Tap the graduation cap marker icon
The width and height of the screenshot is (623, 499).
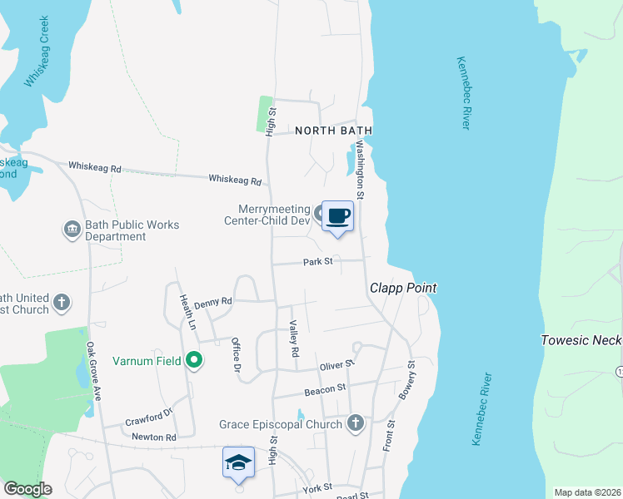(x=238, y=462)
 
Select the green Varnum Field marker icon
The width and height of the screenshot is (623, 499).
(x=194, y=361)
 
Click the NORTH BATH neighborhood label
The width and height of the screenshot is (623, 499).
(x=333, y=131)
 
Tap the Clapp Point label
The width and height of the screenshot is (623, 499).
(x=403, y=289)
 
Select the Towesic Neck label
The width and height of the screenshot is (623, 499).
(x=581, y=340)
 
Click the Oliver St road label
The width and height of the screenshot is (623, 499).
(x=337, y=365)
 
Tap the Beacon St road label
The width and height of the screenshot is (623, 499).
(x=325, y=388)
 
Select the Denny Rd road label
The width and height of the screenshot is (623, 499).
(x=214, y=304)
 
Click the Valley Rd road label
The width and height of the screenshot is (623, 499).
(x=294, y=339)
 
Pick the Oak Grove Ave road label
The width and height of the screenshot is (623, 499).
(x=92, y=370)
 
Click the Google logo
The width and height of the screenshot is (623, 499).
(x=27, y=489)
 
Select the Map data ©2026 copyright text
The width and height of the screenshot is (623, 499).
(x=587, y=492)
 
